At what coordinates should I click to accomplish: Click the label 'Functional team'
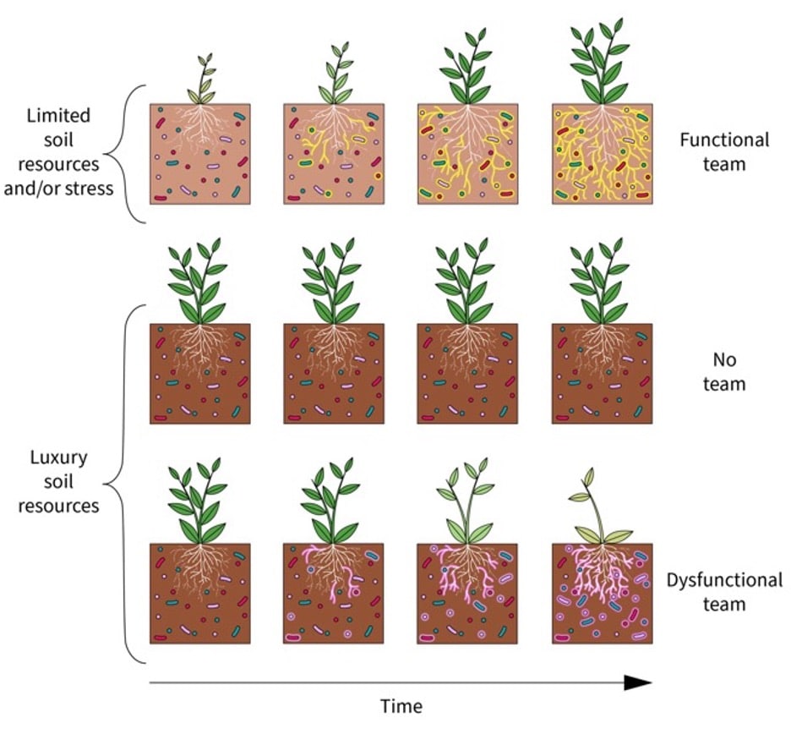click(724, 151)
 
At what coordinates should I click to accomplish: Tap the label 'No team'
click(724, 372)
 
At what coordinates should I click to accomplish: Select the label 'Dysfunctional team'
click(724, 592)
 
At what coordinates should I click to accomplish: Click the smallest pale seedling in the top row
click(203, 79)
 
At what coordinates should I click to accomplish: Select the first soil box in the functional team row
click(200, 153)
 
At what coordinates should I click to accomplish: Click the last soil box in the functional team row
click(602, 153)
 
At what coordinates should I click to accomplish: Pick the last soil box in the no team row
click(602, 373)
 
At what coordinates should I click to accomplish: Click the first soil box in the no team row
click(200, 373)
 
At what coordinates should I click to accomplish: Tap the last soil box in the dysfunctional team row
click(602, 593)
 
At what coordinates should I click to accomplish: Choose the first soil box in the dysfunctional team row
click(200, 593)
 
